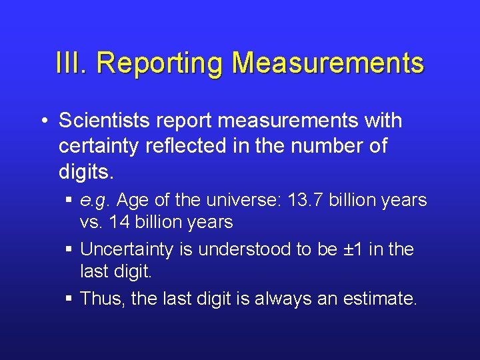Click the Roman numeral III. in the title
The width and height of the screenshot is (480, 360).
click(x=72, y=63)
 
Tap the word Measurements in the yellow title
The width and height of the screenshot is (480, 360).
click(x=327, y=63)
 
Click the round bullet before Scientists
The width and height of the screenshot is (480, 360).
click(x=43, y=122)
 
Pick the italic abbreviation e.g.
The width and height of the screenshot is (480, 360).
click(x=95, y=201)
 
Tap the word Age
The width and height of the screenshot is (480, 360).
click(x=131, y=201)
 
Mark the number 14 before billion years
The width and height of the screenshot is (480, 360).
click(x=120, y=222)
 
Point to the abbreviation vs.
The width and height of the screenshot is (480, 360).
click(x=90, y=222)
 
